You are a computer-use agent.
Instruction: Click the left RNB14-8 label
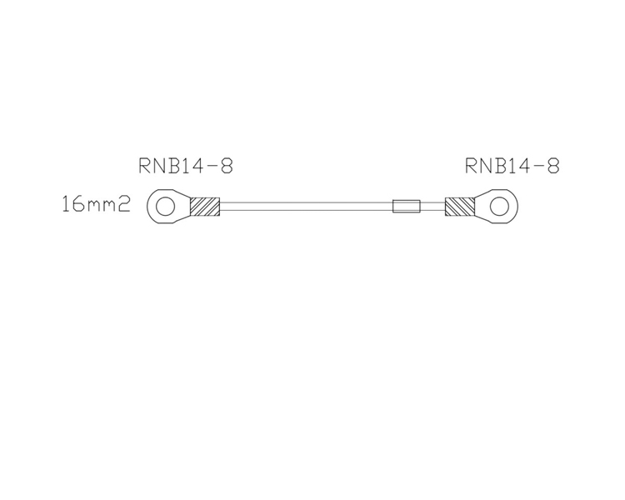(185, 166)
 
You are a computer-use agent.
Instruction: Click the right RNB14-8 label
(512, 166)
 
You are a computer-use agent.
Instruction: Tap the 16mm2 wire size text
(96, 204)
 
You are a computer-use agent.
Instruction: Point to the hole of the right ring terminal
(500, 205)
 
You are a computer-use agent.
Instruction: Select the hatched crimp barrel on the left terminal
(204, 206)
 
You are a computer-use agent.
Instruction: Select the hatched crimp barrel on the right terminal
(459, 206)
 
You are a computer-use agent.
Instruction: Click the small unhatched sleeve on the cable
(407, 206)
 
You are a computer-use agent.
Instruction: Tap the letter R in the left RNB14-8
(145, 166)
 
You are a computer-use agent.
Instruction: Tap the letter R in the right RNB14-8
(472, 166)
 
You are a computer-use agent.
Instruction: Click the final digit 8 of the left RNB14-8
(226, 166)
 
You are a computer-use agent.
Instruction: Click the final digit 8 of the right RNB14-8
(552, 166)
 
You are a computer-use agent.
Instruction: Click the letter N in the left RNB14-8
(160, 166)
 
